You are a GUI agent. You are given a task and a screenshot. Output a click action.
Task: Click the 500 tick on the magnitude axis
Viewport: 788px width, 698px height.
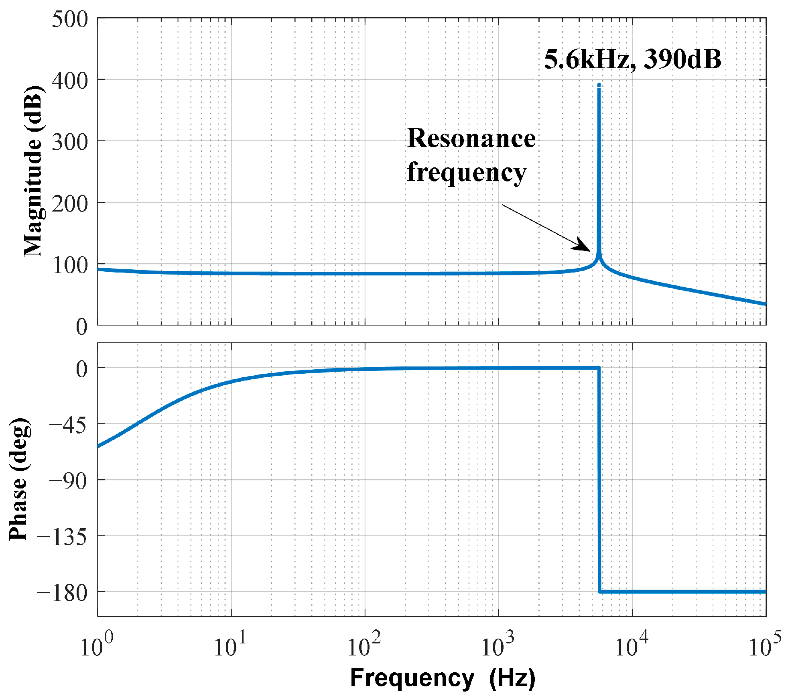point(70,19)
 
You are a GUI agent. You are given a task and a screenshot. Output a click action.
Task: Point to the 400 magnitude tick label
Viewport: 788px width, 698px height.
point(70,81)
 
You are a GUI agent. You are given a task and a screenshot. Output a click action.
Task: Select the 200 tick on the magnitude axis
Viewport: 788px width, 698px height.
point(70,204)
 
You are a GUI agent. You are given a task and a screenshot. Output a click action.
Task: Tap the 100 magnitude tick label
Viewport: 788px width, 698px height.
point(70,265)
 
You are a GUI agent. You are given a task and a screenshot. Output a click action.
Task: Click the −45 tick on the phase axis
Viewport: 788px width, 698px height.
point(68,425)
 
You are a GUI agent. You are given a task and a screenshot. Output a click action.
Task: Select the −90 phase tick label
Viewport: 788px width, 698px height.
point(68,481)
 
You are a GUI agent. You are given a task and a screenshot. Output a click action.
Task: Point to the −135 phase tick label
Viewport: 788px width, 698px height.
point(62,537)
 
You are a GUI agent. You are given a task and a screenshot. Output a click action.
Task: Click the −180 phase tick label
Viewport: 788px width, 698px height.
point(62,593)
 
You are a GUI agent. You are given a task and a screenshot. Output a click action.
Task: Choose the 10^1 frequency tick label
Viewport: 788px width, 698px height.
point(229,646)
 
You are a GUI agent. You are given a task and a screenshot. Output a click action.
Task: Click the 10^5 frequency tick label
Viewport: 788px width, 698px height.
point(764,646)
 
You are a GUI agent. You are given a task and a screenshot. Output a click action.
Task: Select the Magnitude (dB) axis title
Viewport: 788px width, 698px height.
point(33,171)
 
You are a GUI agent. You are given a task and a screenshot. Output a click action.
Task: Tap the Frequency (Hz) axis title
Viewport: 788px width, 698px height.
point(443,678)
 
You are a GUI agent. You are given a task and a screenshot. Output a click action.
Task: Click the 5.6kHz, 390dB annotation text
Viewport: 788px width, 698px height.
point(632,59)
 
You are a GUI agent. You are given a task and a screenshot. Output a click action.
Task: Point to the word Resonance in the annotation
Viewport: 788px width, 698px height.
point(471,138)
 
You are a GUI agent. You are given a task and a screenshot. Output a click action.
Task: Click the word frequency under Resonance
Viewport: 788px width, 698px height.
point(467,173)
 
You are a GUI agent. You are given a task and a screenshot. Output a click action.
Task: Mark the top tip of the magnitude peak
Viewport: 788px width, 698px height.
point(599,85)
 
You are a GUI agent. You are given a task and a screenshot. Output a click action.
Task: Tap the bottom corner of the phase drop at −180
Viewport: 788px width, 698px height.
point(600,592)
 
